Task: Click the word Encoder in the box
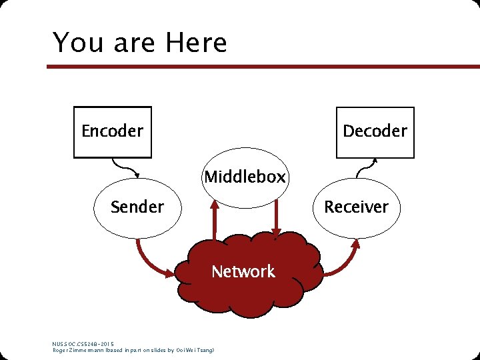point(112,131)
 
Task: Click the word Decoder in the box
point(375,131)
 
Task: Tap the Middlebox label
point(245,177)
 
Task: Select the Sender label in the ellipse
point(137,207)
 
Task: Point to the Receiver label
point(356,207)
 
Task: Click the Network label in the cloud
point(243,271)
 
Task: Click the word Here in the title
point(197,43)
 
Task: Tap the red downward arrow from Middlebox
point(276,220)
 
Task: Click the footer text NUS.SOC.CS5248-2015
point(83,344)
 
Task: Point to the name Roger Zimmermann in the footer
point(78,351)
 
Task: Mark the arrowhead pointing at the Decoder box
point(375,161)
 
